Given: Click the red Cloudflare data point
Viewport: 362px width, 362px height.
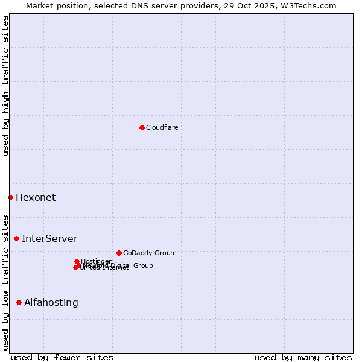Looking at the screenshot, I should point(142,127).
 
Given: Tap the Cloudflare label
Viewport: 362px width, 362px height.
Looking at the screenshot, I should point(162,127).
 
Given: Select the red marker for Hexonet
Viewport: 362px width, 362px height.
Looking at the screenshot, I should point(10,197).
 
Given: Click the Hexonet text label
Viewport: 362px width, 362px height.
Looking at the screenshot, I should point(36,197).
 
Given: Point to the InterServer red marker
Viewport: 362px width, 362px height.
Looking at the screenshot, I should point(16,238).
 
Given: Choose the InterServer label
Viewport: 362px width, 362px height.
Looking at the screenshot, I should point(49,238).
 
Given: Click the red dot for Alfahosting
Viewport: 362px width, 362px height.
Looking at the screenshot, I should point(19,302).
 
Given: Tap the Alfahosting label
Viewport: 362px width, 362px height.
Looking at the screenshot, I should point(51,302).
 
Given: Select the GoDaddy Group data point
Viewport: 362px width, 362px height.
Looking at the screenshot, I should point(119,253).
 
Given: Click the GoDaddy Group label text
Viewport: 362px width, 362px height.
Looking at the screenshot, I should point(148,253).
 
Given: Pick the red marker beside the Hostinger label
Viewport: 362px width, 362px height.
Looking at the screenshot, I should point(77,261).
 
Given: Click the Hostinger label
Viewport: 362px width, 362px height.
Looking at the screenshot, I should point(97,261).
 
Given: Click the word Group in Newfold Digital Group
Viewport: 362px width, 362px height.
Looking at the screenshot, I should point(144,265).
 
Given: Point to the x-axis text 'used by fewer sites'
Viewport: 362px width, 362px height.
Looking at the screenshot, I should point(62,357).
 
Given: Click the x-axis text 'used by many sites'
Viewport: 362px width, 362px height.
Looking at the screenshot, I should point(303,357).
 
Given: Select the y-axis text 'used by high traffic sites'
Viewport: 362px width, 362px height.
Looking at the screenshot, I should point(5,86).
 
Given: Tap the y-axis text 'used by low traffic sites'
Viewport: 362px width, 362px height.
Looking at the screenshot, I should point(5,282).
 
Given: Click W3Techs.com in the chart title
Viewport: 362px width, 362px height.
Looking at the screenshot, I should point(310,5).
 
